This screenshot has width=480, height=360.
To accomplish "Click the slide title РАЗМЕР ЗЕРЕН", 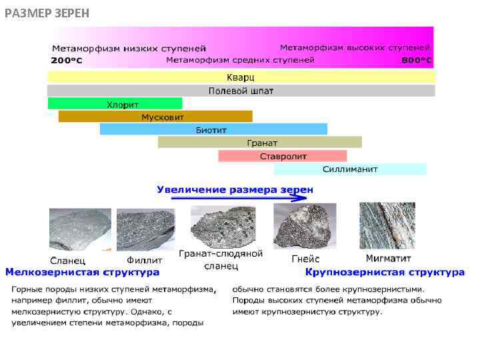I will [x=47, y=13].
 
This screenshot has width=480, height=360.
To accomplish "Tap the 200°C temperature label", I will [x=68, y=61].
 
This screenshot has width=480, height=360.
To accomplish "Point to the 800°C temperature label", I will [x=417, y=61].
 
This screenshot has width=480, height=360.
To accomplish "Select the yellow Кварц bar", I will [x=241, y=77].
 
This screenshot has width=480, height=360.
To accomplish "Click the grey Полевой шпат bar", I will [x=241, y=91].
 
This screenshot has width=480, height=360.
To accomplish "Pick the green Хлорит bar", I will [x=115, y=104].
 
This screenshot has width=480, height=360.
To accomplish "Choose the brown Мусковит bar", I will [x=155, y=117].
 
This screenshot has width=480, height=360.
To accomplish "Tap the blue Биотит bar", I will [x=213, y=129].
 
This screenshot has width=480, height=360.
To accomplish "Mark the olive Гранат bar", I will [x=260, y=143].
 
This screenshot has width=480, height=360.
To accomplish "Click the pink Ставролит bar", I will [x=283, y=156].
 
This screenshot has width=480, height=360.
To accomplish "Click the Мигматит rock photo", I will [x=387, y=225].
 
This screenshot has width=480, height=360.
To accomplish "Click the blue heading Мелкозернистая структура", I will [x=83, y=272].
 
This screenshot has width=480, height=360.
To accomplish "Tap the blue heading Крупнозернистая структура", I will [x=385, y=272].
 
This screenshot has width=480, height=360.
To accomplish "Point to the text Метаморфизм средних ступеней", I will [x=240, y=60].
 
